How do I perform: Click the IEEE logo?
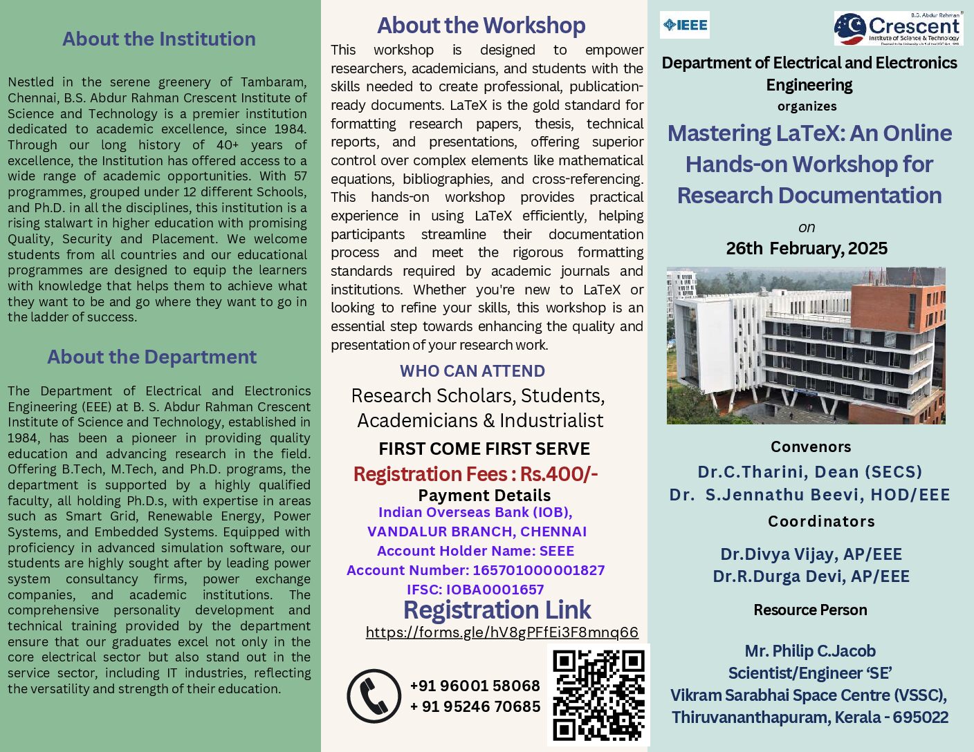tap(685, 26)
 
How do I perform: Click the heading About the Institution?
tap(159, 39)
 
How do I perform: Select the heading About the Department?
tap(151, 357)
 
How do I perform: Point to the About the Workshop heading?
tap(481, 26)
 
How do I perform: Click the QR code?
tap(599, 695)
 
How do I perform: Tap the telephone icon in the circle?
tap(374, 695)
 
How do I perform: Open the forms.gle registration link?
tap(502, 632)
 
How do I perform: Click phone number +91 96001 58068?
tap(475, 686)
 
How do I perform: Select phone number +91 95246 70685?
tap(475, 706)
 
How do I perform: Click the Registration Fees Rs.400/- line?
tap(476, 474)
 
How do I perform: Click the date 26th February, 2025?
tap(807, 248)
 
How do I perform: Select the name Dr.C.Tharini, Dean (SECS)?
tap(809, 472)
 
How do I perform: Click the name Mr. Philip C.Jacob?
tap(810, 651)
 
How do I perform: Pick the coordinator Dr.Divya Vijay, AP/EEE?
tap(811, 554)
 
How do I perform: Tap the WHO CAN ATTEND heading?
tap(472, 371)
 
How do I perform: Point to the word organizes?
tap(807, 106)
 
